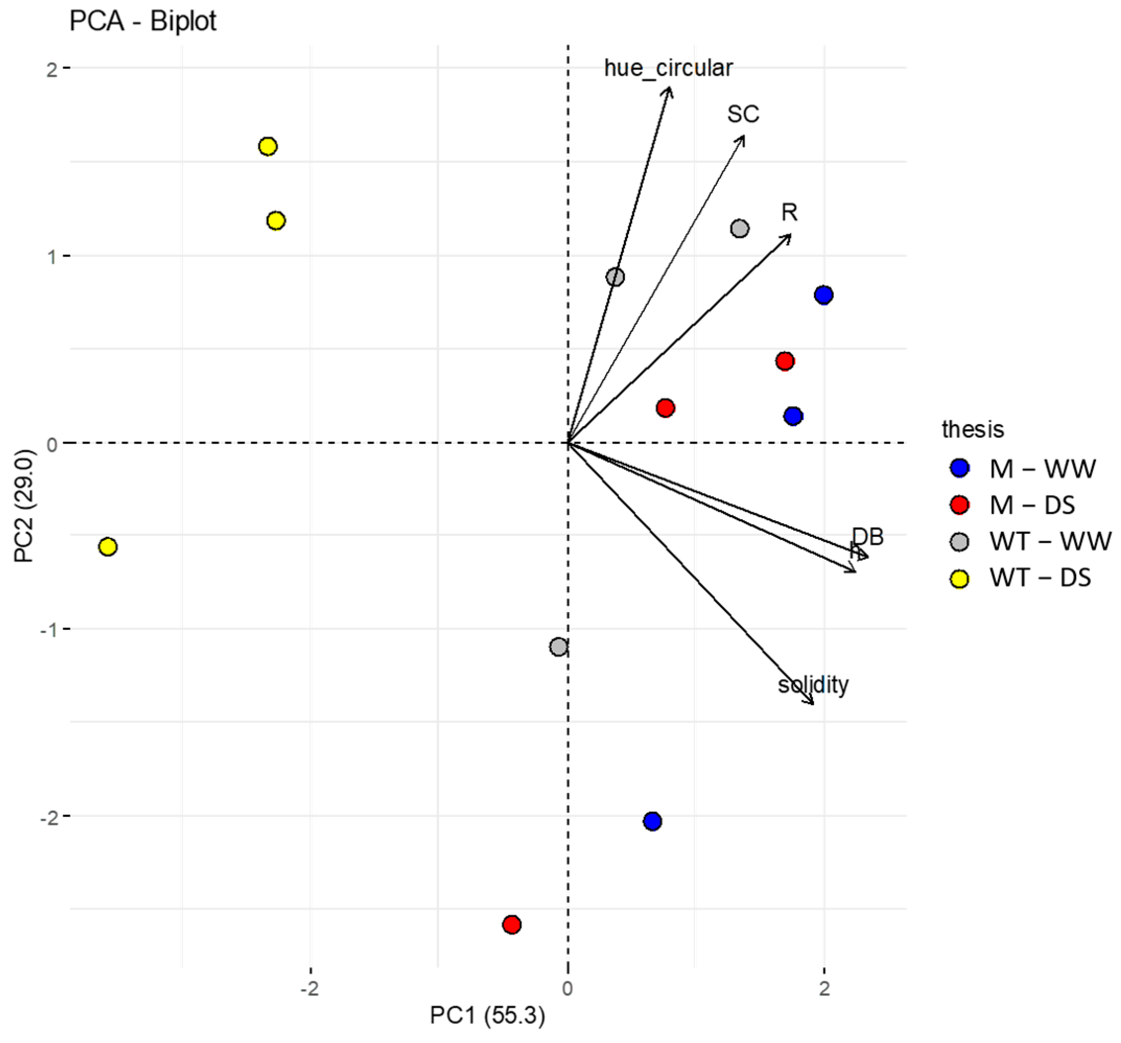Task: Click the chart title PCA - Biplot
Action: click(143, 21)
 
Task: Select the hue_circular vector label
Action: click(668, 68)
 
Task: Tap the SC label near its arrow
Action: click(742, 114)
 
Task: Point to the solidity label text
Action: click(812, 684)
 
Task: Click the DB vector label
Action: click(867, 536)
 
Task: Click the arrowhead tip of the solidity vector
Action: click(813, 704)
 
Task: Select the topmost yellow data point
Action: click(267, 147)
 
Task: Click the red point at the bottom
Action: click(512, 924)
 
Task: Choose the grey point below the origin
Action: click(558, 647)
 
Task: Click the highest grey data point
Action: click(739, 228)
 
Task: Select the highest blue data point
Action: click(823, 295)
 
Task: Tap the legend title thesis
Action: click(973, 429)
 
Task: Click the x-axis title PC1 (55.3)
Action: click(487, 1015)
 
